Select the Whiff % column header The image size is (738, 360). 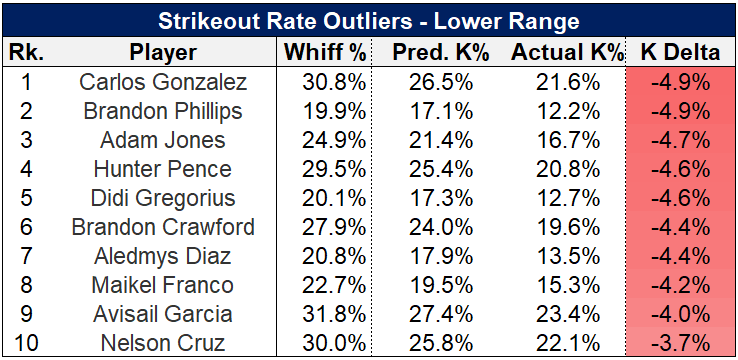click(325, 53)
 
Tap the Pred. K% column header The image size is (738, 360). click(441, 53)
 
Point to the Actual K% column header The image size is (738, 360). click(567, 53)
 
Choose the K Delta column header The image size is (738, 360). click(681, 53)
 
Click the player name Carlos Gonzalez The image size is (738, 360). click(163, 82)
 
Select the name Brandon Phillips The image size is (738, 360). click(163, 111)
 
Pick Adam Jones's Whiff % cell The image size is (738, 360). click(334, 140)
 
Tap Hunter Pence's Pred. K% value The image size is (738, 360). click(441, 169)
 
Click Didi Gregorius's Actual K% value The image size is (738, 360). click(568, 198)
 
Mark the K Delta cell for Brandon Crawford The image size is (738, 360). click(681, 227)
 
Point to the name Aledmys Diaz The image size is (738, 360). click(163, 256)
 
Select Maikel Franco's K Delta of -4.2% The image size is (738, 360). click(681, 285)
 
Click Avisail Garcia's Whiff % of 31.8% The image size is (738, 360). click(334, 314)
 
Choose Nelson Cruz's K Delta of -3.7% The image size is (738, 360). click(681, 344)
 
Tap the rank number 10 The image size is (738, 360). click(26, 344)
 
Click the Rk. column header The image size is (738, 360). click(26, 53)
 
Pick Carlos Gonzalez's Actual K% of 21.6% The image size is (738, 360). click(568, 82)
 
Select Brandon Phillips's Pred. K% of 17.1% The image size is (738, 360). click(441, 111)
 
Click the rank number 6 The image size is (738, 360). click(26, 227)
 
